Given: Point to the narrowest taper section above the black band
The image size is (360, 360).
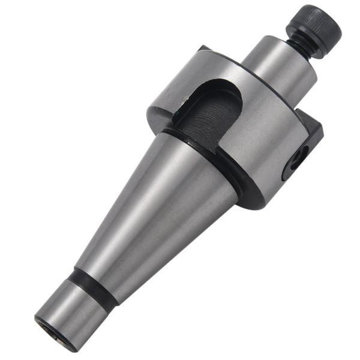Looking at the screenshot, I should [x=105, y=270].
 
